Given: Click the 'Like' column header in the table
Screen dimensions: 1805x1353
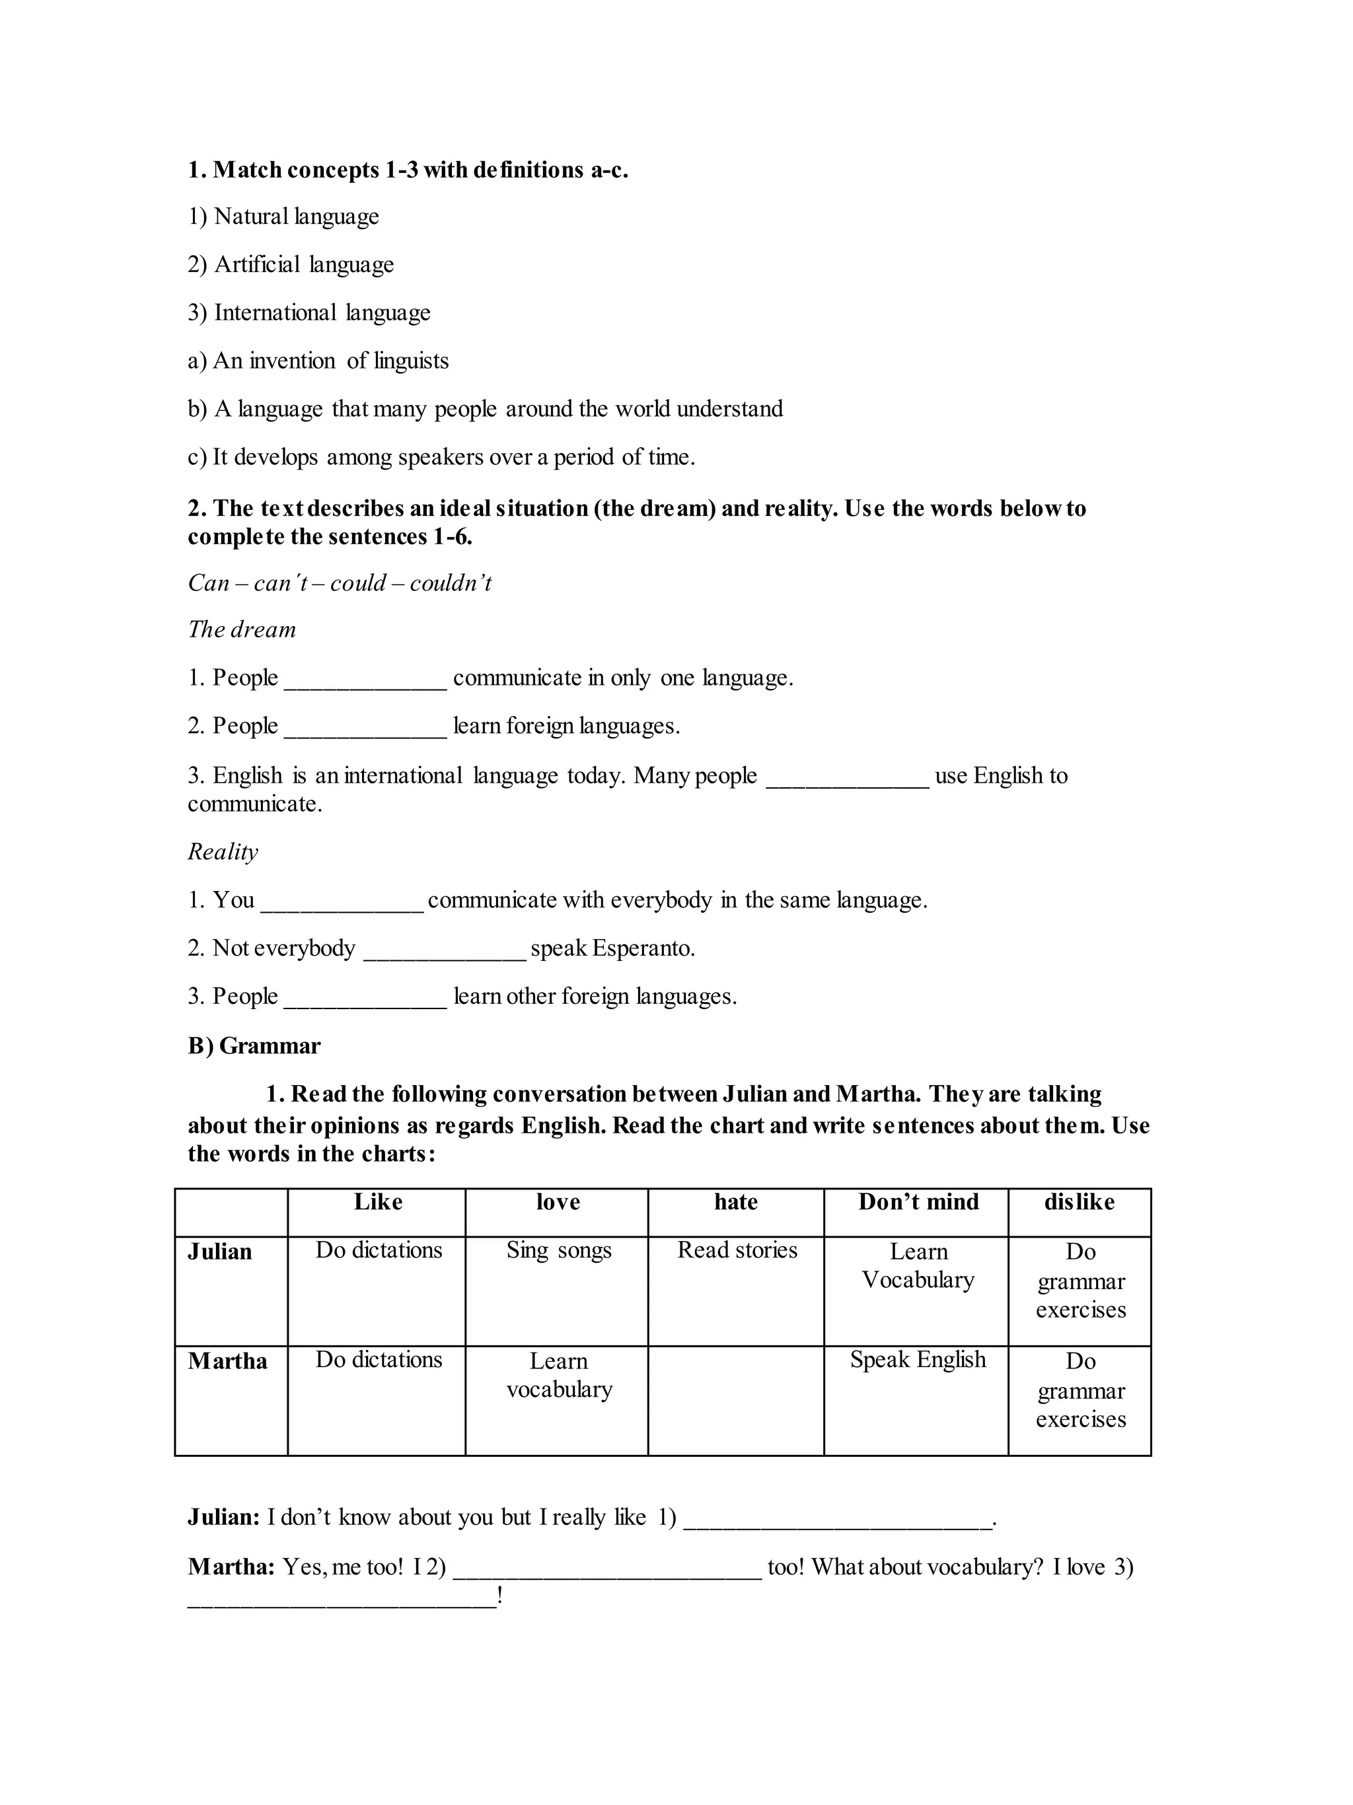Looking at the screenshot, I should tap(378, 1202).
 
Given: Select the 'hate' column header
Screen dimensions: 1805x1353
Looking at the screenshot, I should tap(735, 1202).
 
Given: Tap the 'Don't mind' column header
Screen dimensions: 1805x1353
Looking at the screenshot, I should tap(918, 1202).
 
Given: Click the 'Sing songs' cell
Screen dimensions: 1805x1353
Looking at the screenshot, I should tap(558, 1251).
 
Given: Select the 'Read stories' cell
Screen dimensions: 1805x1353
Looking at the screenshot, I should tap(737, 1251).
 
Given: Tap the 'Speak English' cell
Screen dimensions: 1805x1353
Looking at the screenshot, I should tap(918, 1361).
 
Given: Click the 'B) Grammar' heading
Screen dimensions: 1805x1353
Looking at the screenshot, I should tap(254, 1046).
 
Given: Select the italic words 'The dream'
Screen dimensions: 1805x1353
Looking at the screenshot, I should tap(242, 630).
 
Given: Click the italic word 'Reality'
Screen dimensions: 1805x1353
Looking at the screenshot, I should tap(223, 852).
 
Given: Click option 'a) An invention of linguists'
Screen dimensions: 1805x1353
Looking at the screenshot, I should tap(318, 361).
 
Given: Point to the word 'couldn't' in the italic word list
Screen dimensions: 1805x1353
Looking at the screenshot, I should tap(451, 583).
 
